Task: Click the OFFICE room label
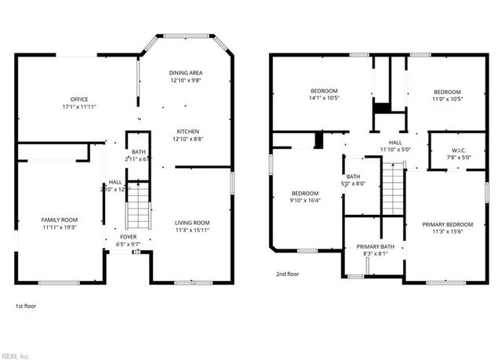click(x=79, y=99)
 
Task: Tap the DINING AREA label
click(x=186, y=73)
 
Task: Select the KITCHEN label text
click(x=187, y=131)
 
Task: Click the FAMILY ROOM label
click(x=60, y=219)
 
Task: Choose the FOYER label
click(x=127, y=236)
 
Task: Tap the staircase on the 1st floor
click(x=137, y=205)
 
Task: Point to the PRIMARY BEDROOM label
click(x=448, y=224)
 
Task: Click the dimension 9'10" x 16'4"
click(x=305, y=200)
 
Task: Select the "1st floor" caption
click(x=26, y=306)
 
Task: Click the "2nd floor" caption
click(x=288, y=274)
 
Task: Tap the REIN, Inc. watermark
click(x=16, y=354)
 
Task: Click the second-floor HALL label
click(x=395, y=142)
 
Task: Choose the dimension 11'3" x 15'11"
click(x=192, y=230)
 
